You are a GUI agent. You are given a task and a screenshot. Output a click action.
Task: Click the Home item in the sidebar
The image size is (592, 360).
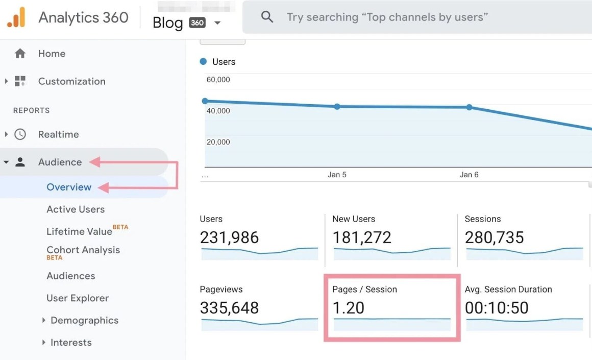pyautogui.click(x=51, y=54)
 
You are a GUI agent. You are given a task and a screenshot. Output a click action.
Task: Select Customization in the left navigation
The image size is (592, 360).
pyautogui.click(x=71, y=81)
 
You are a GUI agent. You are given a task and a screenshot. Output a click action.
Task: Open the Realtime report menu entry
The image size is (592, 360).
pyautogui.click(x=58, y=134)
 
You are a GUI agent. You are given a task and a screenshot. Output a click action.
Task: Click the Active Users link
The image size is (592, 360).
pyautogui.click(x=76, y=209)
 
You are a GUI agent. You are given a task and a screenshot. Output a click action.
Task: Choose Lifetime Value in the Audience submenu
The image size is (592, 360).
pyautogui.click(x=79, y=231)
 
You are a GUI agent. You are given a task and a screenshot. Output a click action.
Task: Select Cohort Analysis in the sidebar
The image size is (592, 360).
pyautogui.click(x=83, y=250)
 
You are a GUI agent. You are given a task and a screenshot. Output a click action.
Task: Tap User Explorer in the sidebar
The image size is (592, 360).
pyautogui.click(x=78, y=298)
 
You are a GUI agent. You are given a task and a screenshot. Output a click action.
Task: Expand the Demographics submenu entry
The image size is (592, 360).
pyautogui.click(x=84, y=321)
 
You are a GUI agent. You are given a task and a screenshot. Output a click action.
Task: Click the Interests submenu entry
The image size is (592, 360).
pyautogui.click(x=71, y=343)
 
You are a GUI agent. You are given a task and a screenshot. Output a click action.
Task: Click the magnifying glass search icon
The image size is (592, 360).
pyautogui.click(x=267, y=17)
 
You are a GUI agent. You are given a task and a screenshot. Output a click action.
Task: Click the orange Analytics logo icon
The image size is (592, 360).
pyautogui.click(x=16, y=18)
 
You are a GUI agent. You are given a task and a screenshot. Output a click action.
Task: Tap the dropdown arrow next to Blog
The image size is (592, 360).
pyautogui.click(x=217, y=23)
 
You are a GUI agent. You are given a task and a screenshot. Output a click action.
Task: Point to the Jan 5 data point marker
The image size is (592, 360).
pyautogui.click(x=337, y=107)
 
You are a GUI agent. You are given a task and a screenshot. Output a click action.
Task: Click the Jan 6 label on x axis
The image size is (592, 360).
pyautogui.click(x=469, y=175)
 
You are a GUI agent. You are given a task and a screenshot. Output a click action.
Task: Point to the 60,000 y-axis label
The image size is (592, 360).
pyautogui.click(x=218, y=80)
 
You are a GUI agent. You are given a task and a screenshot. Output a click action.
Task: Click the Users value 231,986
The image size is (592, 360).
pyautogui.click(x=229, y=237)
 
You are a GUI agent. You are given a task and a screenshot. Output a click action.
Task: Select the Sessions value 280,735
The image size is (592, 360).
pyautogui.click(x=494, y=237)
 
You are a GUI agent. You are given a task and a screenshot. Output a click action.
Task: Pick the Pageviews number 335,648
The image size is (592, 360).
pyautogui.click(x=229, y=308)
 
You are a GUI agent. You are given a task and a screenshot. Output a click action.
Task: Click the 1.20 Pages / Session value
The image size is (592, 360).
pyautogui.click(x=349, y=308)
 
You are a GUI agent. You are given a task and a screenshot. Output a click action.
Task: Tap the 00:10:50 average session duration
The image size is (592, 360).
pyautogui.click(x=497, y=308)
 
